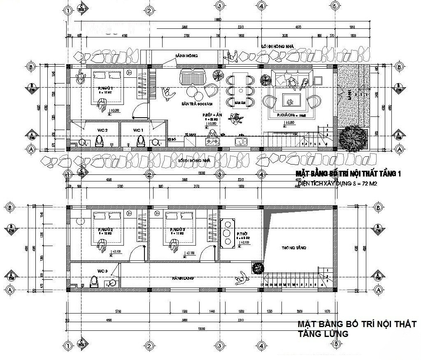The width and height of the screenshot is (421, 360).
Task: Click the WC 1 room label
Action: tap(137, 130)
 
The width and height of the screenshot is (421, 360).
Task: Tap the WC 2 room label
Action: tap(102, 130)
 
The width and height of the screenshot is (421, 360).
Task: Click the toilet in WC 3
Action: tap(94, 282)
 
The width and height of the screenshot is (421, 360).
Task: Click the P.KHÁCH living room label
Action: tap(286, 116)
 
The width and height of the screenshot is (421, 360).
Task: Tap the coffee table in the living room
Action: tap(291, 100)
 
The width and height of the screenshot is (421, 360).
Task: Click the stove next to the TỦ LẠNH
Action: tap(214, 142)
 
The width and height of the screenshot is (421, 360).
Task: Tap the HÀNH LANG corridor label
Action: tap(181, 279)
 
